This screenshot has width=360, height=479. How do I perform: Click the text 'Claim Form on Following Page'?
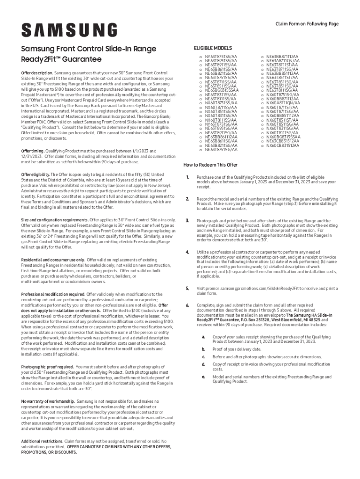[307, 23]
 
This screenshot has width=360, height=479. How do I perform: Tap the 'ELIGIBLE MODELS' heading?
[212, 48]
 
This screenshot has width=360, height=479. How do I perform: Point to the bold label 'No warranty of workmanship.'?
[48, 401]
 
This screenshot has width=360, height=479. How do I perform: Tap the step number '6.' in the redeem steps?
[187, 305]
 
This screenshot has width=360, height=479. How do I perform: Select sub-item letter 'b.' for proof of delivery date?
[203, 349]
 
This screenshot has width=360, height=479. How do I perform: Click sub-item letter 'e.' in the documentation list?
[203, 377]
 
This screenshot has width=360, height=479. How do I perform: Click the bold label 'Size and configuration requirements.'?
[55, 219]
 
